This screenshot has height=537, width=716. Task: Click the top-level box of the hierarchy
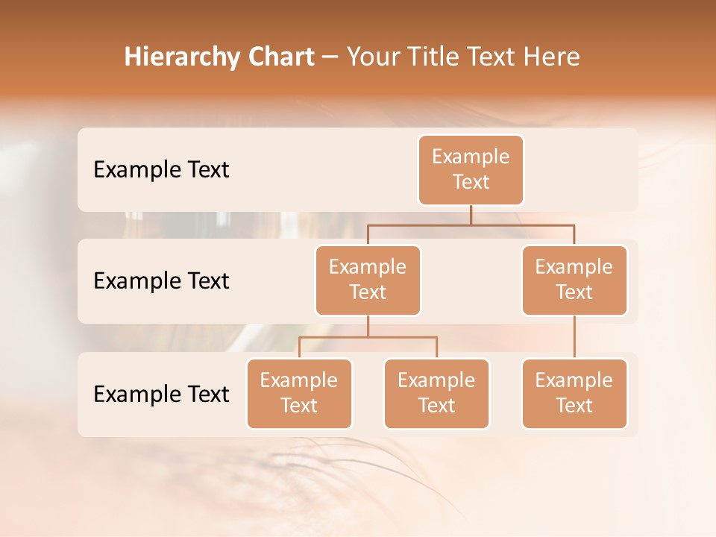tap(471, 170)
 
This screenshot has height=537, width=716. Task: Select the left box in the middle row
tap(368, 280)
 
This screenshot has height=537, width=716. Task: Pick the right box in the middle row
tap(574, 280)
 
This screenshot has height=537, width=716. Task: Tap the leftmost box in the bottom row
tap(299, 394)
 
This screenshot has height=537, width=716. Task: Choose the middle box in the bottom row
tap(436, 394)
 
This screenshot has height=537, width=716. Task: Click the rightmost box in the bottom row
tap(574, 394)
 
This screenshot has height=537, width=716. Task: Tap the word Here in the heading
tap(552, 57)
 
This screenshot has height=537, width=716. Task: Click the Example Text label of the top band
tap(161, 170)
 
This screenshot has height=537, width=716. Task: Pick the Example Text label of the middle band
tap(161, 281)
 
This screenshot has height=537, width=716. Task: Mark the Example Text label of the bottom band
tap(161, 394)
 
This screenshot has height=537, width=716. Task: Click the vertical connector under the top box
tap(471, 215)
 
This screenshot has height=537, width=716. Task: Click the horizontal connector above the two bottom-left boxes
tap(368, 337)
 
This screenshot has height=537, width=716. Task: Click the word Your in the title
tap(371, 57)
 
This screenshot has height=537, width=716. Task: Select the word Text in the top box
tap(471, 182)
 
